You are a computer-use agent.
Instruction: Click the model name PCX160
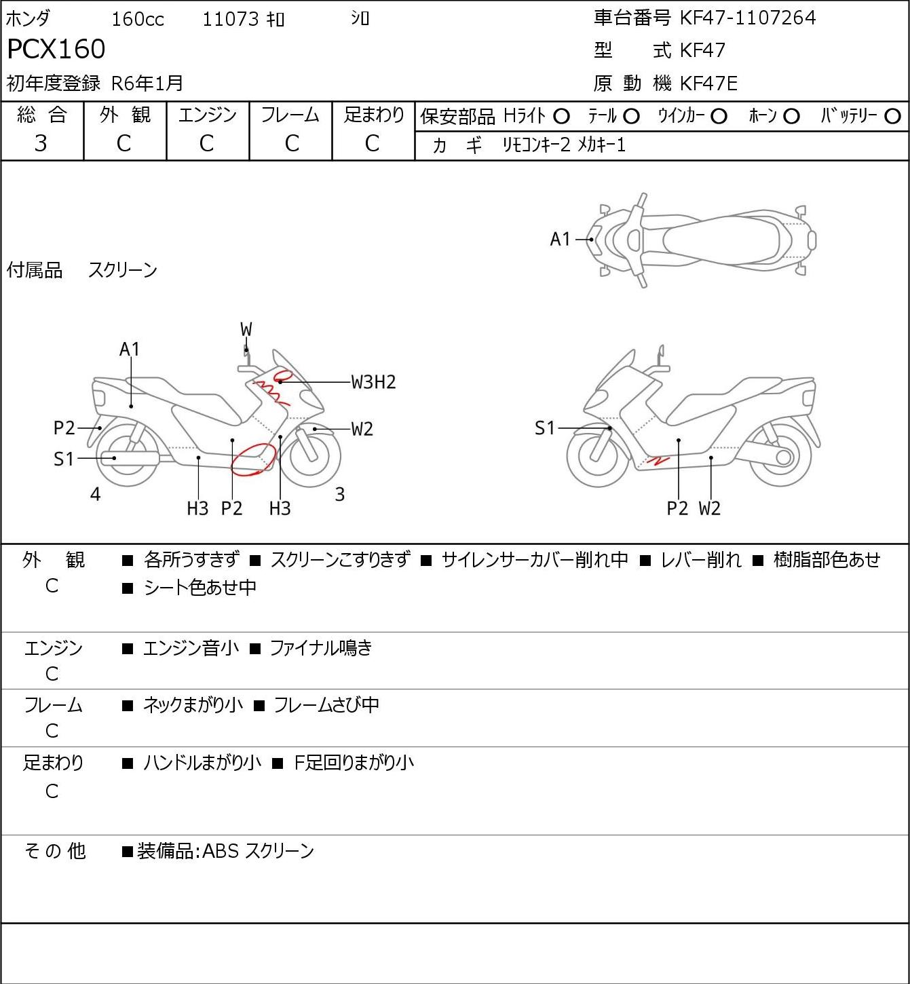pyautogui.click(x=56, y=49)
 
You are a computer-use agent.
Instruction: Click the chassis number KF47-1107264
pyautogui.click(x=747, y=18)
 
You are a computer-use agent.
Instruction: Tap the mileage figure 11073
pyautogui.click(x=231, y=19)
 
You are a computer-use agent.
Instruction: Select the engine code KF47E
pyautogui.click(x=708, y=83)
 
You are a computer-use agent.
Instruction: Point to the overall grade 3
pyautogui.click(x=41, y=144)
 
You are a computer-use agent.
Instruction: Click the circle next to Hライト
pyautogui.click(x=561, y=117)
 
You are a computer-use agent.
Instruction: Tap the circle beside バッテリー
pyautogui.click(x=892, y=117)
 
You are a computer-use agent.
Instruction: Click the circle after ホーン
pyautogui.click(x=791, y=117)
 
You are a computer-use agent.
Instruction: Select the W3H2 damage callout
pyautogui.click(x=373, y=382)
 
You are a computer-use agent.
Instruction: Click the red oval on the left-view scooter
pyautogui.click(x=252, y=459)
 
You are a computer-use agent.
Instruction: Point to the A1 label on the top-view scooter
pyautogui.click(x=561, y=240)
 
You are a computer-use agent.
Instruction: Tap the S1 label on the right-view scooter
pyautogui.click(x=545, y=428)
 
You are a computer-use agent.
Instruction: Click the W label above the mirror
pyautogui.click(x=246, y=330)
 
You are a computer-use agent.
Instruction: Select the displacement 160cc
pyautogui.click(x=138, y=19)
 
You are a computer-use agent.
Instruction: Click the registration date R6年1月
pyautogui.click(x=147, y=83)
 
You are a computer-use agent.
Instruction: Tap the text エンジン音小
pyautogui.click(x=191, y=648)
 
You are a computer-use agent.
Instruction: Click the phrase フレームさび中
pyautogui.click(x=326, y=704)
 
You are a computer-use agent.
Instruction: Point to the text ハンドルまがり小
pyautogui.click(x=202, y=763)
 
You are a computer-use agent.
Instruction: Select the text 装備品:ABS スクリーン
pyautogui.click(x=225, y=851)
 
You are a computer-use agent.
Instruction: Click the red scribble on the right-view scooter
pyautogui.click(x=658, y=460)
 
